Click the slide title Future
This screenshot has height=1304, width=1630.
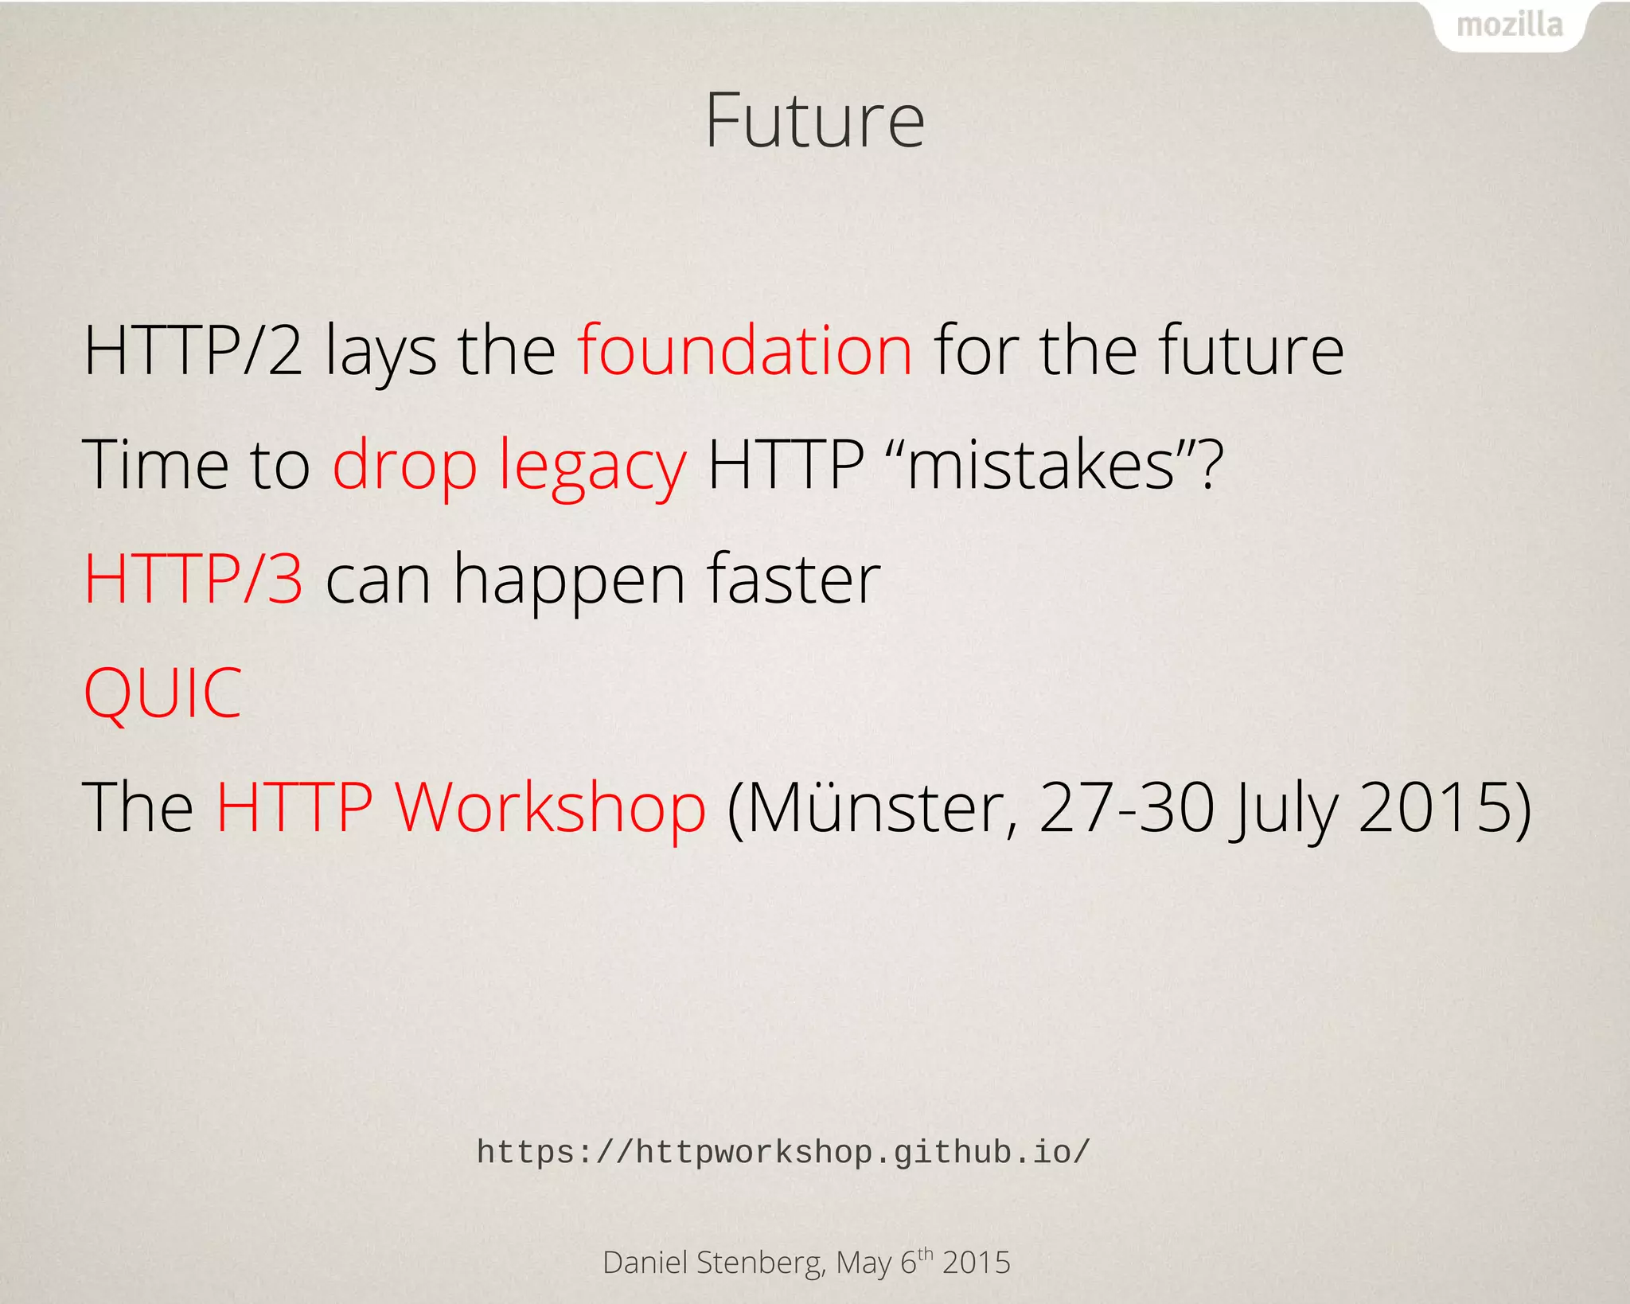(814, 121)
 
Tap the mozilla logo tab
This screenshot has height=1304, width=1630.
(1509, 25)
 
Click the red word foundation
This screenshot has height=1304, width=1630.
(745, 350)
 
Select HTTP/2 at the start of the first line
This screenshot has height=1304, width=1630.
(193, 350)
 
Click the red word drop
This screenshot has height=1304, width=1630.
(404, 466)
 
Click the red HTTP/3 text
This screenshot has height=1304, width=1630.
(193, 579)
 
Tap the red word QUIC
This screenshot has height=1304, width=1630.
(162, 693)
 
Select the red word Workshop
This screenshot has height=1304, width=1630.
(550, 807)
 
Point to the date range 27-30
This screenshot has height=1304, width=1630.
(1126, 807)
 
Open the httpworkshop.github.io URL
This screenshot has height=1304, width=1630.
(783, 1152)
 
